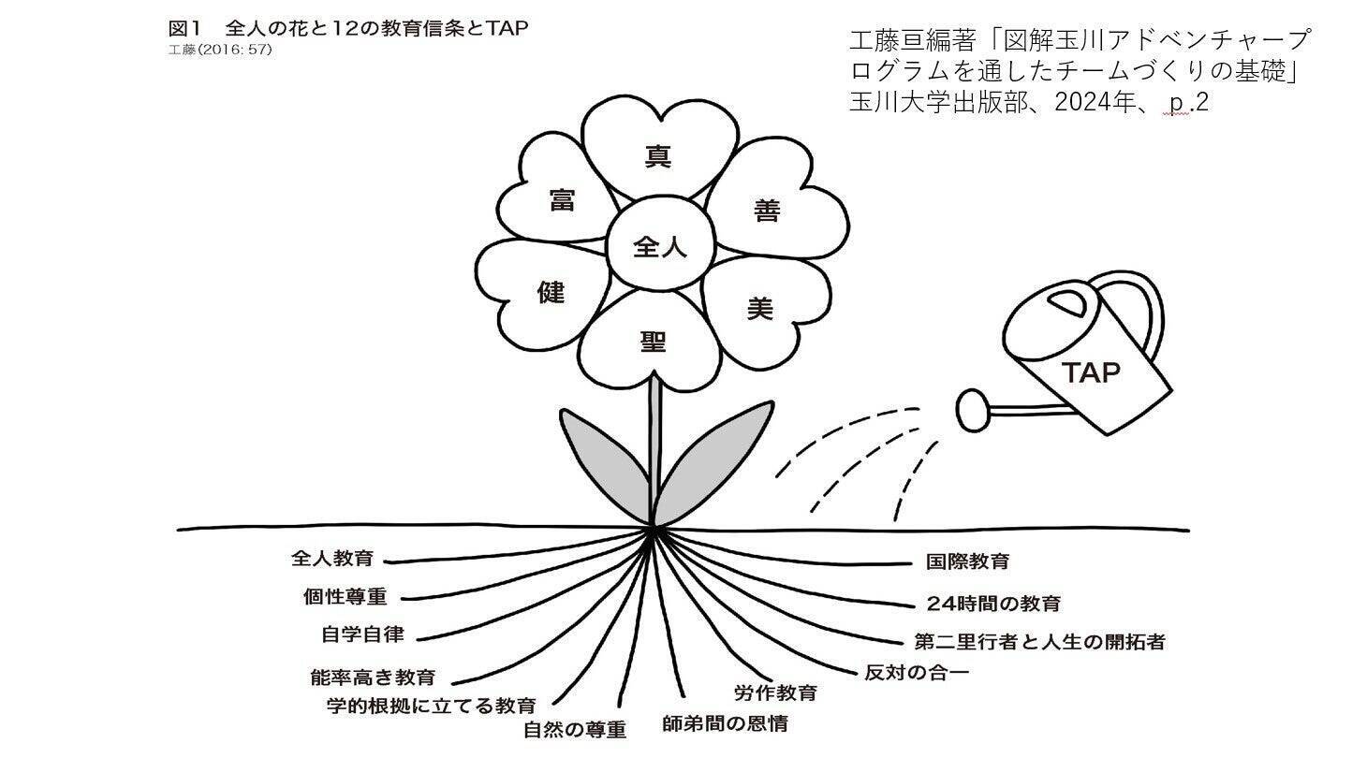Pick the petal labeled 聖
(651, 342)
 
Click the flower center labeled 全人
(660, 244)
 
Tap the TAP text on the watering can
(1092, 372)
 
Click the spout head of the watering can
(972, 411)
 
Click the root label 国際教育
(967, 561)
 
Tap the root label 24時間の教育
(993, 604)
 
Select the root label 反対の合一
(917, 673)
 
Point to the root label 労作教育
(775, 692)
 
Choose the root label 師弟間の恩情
(725, 724)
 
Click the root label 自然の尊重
(575, 730)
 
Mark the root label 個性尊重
(345, 596)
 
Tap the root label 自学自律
(362, 634)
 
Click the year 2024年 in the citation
(1094, 102)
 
